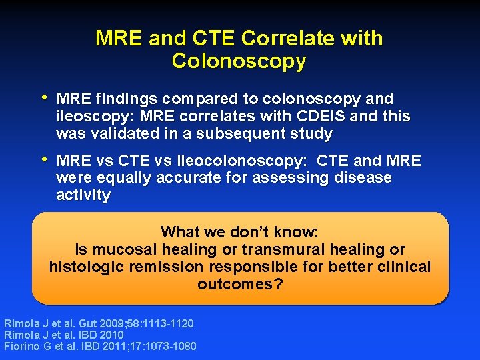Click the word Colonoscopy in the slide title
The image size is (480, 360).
click(x=239, y=61)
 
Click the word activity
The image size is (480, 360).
click(x=83, y=195)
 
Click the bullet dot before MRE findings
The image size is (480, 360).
click(x=45, y=98)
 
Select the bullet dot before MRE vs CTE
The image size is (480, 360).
click(x=45, y=160)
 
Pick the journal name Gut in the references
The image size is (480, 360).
click(x=85, y=323)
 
